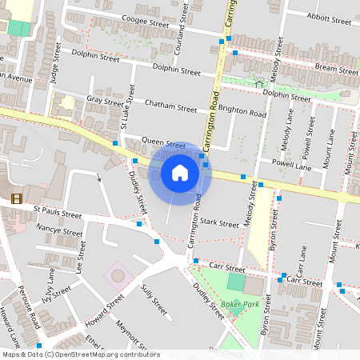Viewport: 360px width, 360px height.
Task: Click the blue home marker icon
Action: click(180, 172)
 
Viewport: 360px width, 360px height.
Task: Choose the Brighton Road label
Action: click(243, 114)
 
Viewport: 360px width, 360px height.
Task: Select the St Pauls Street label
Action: click(58, 215)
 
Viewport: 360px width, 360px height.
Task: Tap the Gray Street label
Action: click(106, 102)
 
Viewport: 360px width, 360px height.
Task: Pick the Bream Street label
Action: click(336, 70)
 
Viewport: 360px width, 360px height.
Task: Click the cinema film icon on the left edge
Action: click(17, 198)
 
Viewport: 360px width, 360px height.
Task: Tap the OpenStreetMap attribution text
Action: click(81, 354)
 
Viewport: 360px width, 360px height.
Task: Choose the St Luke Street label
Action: click(126, 107)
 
